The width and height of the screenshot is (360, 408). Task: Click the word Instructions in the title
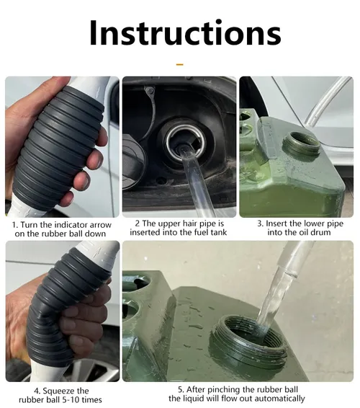[179, 33]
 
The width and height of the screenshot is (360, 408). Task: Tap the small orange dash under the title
[179, 65]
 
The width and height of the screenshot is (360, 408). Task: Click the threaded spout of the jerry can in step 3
[301, 145]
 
